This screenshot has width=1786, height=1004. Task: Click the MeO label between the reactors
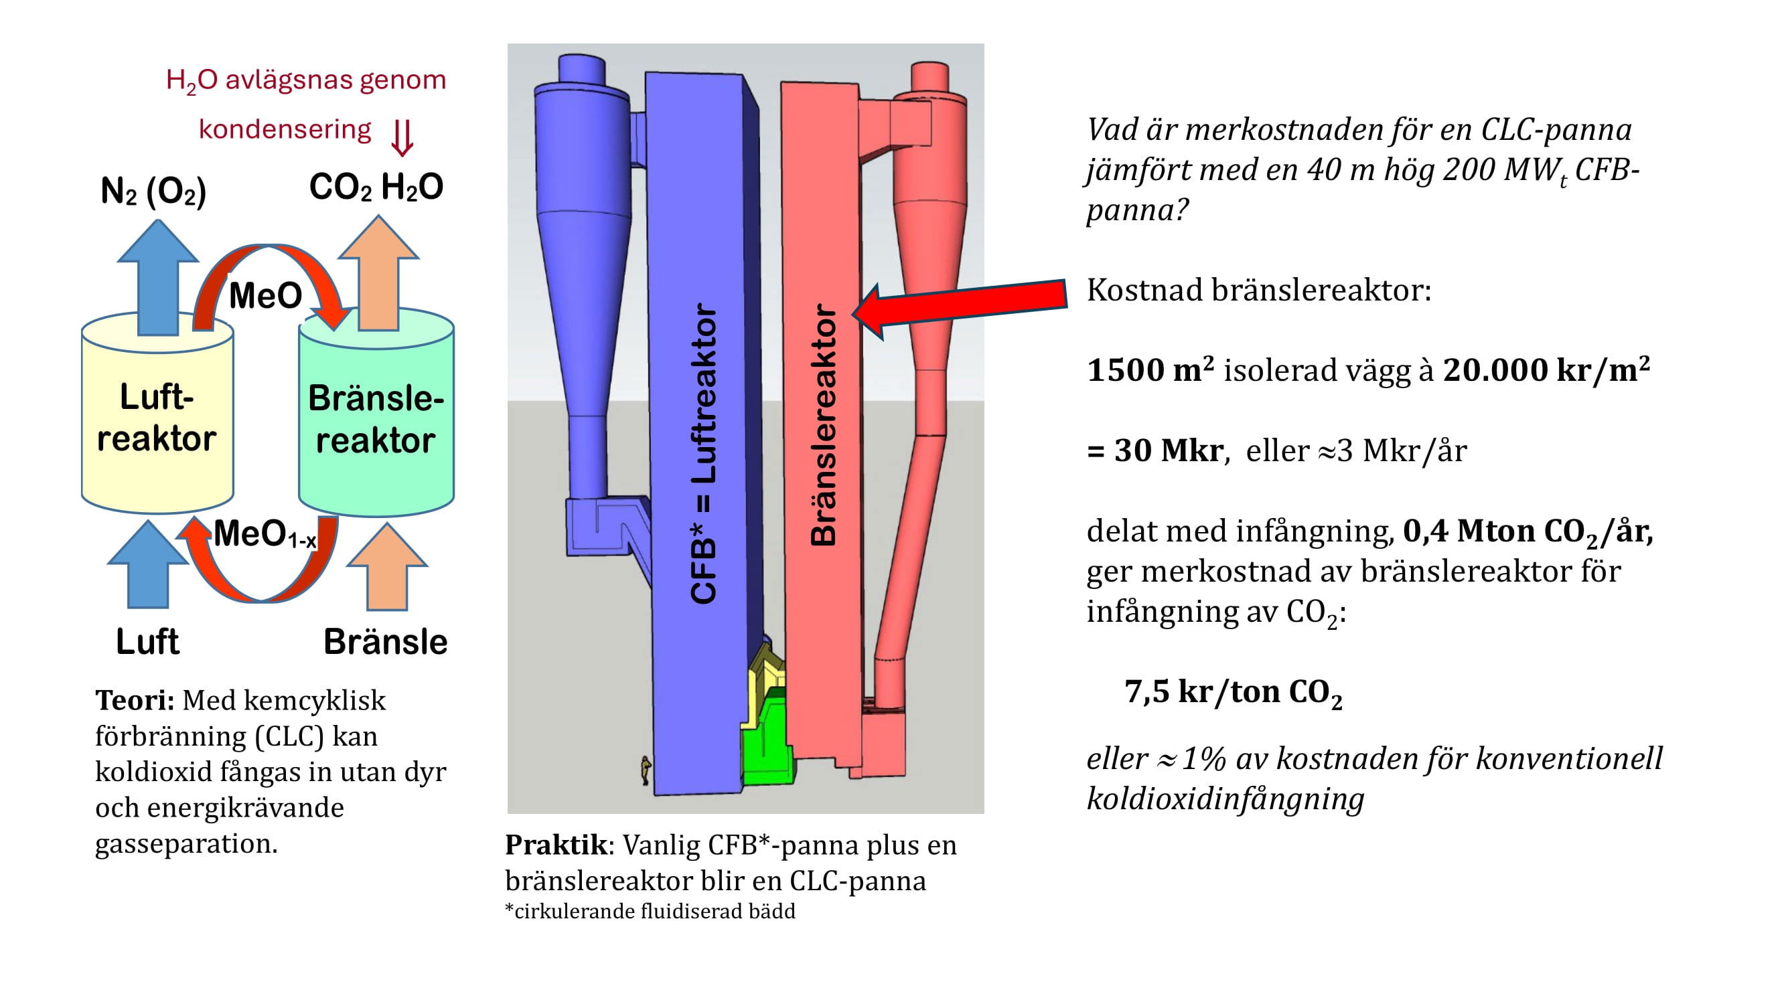click(x=265, y=296)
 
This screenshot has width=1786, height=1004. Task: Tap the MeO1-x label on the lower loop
click(x=264, y=535)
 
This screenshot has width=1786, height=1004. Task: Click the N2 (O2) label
click(x=153, y=191)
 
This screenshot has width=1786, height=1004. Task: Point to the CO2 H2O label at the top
click(x=376, y=187)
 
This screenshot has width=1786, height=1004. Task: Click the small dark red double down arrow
click(x=402, y=137)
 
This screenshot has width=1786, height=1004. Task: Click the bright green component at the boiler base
click(x=767, y=748)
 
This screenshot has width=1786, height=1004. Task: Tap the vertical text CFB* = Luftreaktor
click(x=703, y=454)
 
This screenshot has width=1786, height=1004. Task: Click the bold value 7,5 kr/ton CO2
click(x=1233, y=693)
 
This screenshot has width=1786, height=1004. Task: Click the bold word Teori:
click(x=135, y=701)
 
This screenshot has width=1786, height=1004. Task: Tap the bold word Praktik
click(x=555, y=845)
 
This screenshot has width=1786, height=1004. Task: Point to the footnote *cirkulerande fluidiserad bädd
click(x=650, y=911)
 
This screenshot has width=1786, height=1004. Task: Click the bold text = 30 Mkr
click(x=1155, y=451)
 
